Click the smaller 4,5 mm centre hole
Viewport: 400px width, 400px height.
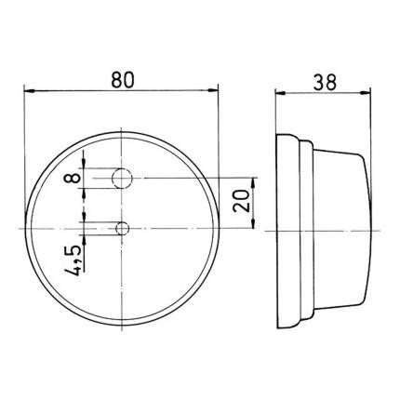[122, 228]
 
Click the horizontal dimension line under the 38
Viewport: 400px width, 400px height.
[326, 91]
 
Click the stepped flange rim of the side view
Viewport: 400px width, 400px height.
[288, 228]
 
